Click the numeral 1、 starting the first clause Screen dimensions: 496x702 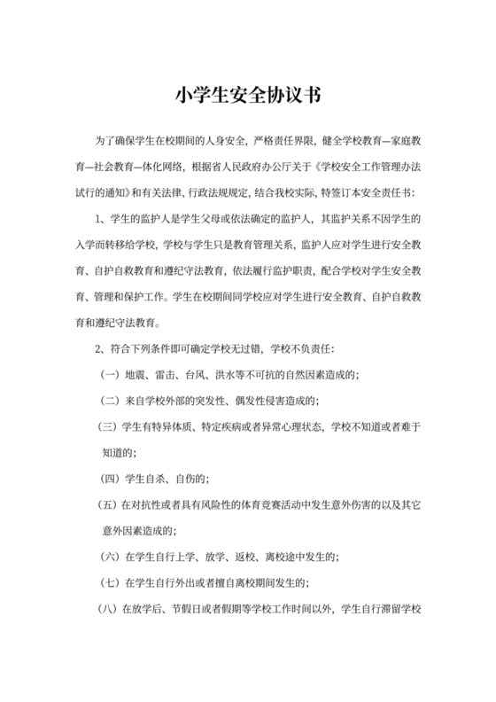point(100,217)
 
